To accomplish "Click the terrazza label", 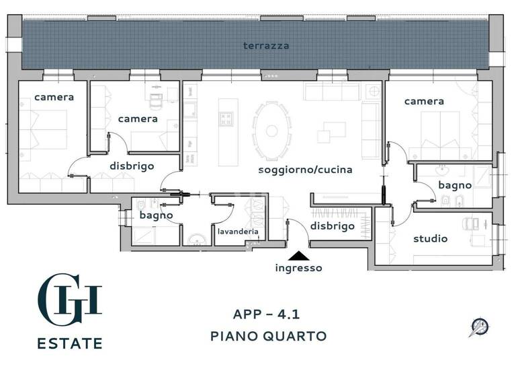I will (267, 46).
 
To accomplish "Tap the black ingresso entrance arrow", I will (298, 255).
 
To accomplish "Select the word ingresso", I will (298, 268).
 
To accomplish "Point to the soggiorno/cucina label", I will (306, 170).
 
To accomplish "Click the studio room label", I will (430, 238).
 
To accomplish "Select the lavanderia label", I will (238, 232).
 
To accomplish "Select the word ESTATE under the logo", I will (70, 343).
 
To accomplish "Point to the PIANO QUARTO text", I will (268, 335).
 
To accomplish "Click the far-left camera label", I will (54, 97).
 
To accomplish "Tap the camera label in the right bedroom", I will (423, 101).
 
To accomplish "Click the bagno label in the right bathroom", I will (455, 185).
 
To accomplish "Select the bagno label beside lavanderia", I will (157, 215).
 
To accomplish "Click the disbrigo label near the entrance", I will (332, 226).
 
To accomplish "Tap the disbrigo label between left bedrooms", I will (132, 166).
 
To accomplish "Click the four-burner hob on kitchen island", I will (225, 119).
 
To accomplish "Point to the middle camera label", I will (138, 118).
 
